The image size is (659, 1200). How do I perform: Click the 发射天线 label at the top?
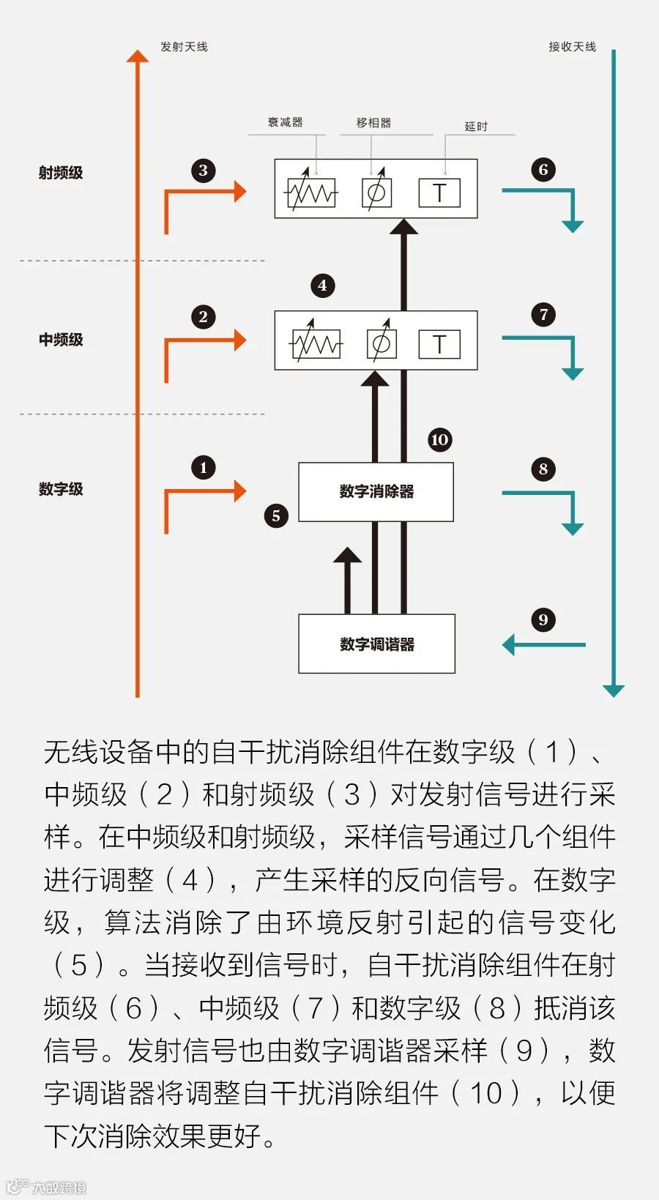[x=184, y=47]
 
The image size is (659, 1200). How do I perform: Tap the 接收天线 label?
[x=572, y=47]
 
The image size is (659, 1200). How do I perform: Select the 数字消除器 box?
[x=376, y=492]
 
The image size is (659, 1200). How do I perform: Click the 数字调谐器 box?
[x=376, y=644]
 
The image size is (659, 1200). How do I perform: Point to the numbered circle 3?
[x=204, y=171]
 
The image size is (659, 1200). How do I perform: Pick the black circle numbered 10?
[x=439, y=440]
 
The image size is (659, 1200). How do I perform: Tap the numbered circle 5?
[x=276, y=515]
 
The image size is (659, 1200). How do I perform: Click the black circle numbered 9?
[x=543, y=620]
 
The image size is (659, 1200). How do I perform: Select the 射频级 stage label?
[x=61, y=173]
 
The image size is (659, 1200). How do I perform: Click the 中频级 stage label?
[x=61, y=340]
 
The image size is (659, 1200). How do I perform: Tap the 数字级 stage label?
[x=61, y=489]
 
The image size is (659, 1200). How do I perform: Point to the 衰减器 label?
[x=285, y=122]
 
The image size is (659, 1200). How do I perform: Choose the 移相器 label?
[x=373, y=123]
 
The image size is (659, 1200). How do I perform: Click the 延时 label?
[x=476, y=127]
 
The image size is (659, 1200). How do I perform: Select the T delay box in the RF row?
[x=439, y=193]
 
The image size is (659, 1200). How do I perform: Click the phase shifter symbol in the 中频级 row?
[x=381, y=343]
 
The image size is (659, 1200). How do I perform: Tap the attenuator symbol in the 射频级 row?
[x=310, y=193]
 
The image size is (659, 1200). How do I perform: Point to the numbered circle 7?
[x=543, y=316]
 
